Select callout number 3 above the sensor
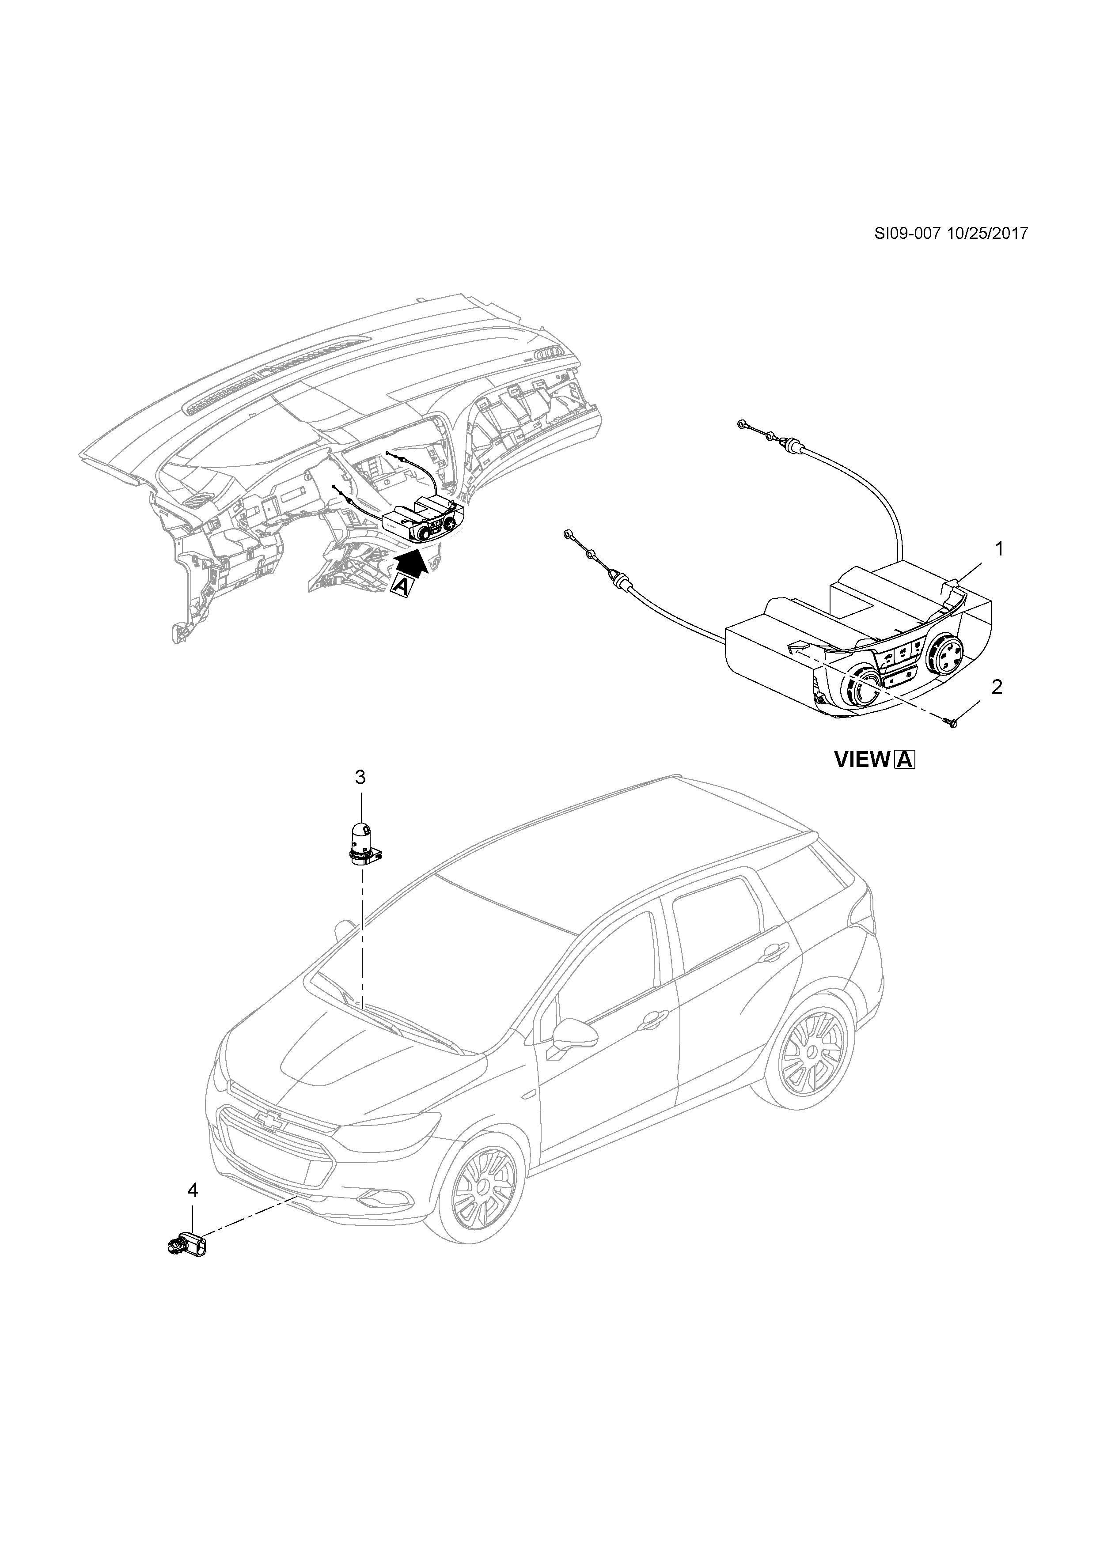(x=360, y=778)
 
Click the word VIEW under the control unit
(x=862, y=760)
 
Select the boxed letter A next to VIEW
(x=904, y=760)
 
